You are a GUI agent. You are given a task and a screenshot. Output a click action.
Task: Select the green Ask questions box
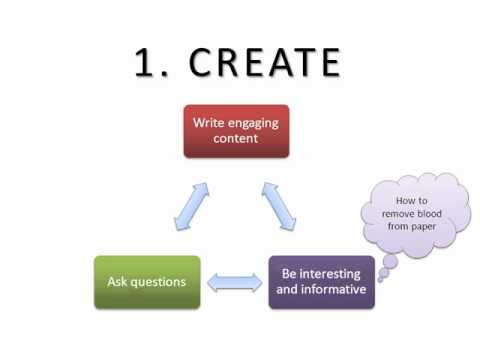(x=147, y=281)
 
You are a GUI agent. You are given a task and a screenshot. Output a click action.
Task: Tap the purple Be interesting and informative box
(x=321, y=281)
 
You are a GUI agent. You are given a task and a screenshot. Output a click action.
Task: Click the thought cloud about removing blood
(x=412, y=213)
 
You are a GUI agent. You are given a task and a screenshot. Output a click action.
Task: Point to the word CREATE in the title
(x=265, y=62)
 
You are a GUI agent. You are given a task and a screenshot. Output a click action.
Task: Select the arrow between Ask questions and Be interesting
(x=234, y=283)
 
